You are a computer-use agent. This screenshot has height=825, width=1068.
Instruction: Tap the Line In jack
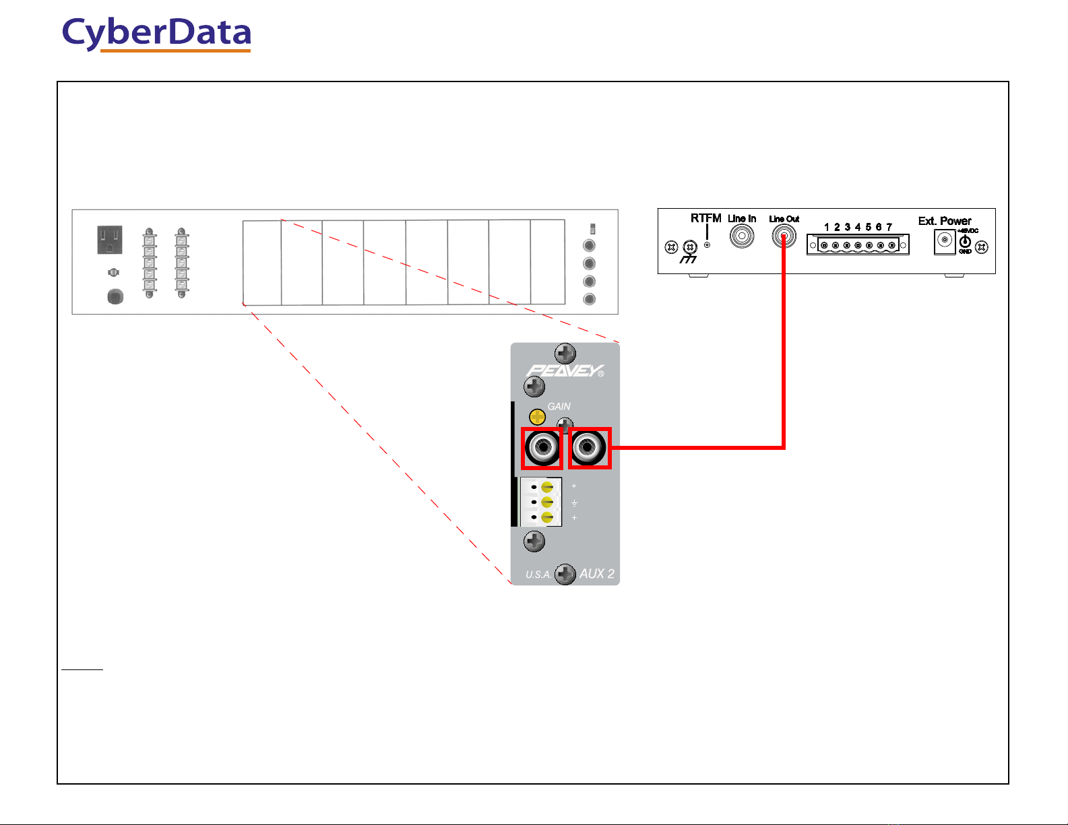(742, 236)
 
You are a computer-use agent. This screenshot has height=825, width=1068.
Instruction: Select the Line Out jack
(784, 236)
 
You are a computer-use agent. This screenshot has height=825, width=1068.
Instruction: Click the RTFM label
(705, 218)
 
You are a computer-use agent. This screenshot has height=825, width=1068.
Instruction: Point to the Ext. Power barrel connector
(945, 241)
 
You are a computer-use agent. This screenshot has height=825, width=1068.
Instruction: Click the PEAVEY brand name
(565, 370)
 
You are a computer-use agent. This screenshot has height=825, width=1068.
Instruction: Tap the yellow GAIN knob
(537, 416)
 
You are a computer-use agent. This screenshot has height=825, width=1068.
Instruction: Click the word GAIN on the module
(559, 406)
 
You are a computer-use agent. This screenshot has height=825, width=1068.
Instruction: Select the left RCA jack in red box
(542, 447)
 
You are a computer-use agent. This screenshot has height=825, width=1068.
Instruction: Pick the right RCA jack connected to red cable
(590, 447)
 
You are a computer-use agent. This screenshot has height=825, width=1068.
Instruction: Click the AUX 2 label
(597, 574)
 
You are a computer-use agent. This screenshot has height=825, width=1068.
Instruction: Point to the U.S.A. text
(538, 574)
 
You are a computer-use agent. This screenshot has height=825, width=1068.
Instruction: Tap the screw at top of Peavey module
(565, 353)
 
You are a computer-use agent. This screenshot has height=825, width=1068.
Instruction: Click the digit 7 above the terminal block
(889, 227)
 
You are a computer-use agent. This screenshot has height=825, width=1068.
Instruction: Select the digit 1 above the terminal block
(827, 227)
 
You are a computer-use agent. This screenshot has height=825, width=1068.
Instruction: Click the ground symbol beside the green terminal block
(574, 502)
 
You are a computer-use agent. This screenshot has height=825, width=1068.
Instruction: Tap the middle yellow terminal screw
(548, 502)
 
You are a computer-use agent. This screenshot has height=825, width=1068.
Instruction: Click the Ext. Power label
(944, 221)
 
